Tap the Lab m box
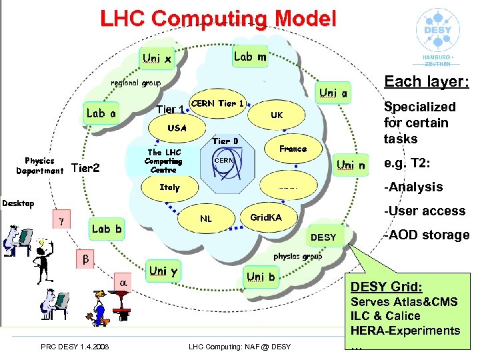(251, 57)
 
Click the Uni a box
(333, 94)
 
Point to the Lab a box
(102, 113)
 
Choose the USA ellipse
(177, 127)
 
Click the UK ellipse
(277, 115)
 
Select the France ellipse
(293, 149)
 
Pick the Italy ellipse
(169, 187)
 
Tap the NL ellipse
(206, 218)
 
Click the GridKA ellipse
(265, 217)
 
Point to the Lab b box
(107, 229)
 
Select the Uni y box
(163, 271)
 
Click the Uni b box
(261, 276)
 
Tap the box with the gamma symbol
(61, 218)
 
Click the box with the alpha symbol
(123, 283)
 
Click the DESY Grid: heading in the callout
(387, 287)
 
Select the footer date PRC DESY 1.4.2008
(75, 345)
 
